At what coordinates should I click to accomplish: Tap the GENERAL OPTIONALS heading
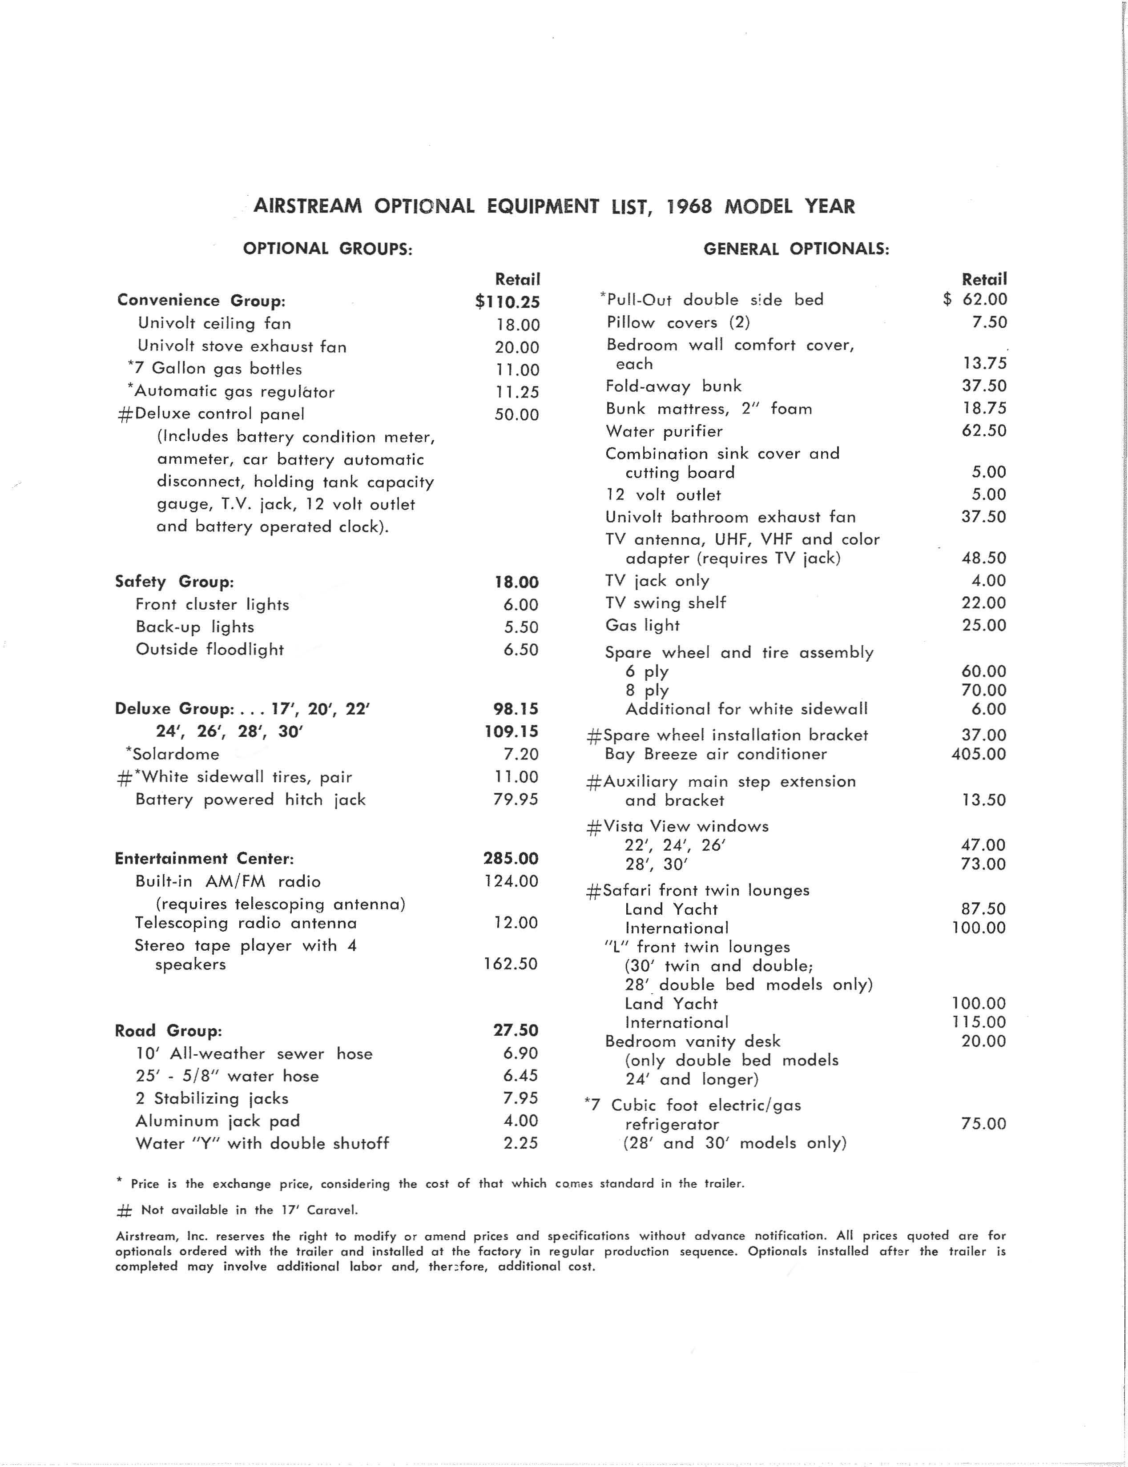point(796,249)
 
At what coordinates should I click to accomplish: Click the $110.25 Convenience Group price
point(508,302)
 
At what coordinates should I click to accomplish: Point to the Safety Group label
point(174,582)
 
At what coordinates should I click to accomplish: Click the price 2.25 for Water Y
point(520,1143)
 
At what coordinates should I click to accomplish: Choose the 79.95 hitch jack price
point(515,799)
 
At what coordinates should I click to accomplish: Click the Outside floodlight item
point(209,650)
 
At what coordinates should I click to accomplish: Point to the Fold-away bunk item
point(673,386)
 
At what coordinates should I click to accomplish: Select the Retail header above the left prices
point(517,279)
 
